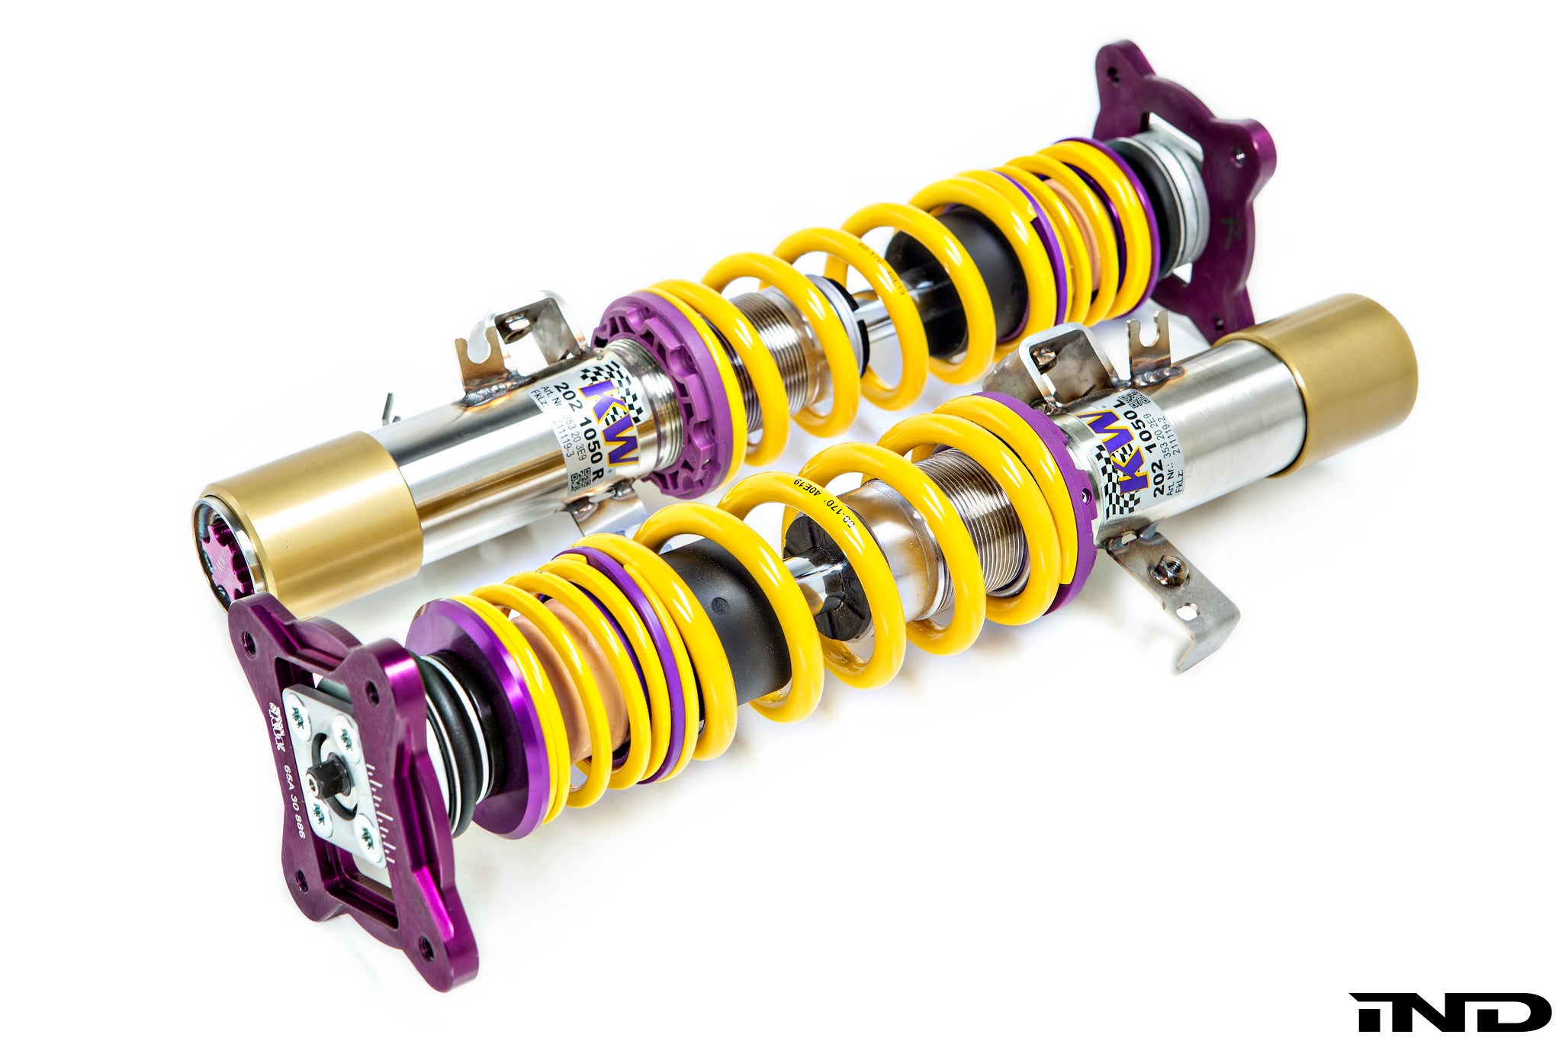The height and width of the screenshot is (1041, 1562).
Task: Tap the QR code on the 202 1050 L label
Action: (1136, 399)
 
